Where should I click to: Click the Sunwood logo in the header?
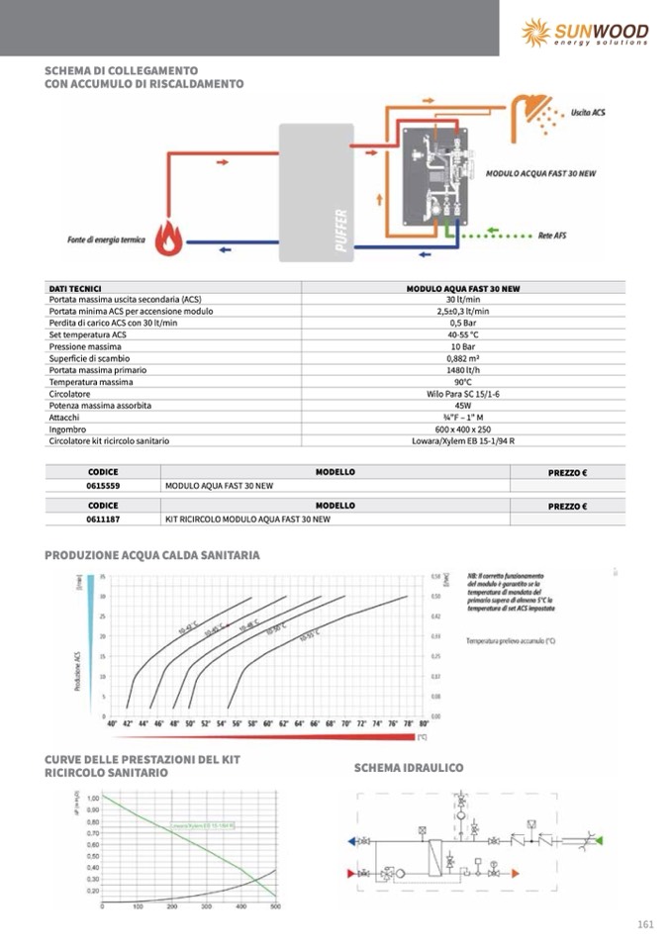(x=584, y=32)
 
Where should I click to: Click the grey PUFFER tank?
(x=316, y=192)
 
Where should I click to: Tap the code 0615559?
(x=103, y=487)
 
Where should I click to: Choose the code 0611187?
(x=103, y=519)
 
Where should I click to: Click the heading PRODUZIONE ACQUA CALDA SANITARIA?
(x=152, y=555)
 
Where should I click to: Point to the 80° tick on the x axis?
(x=424, y=724)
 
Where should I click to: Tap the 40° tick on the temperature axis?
(x=112, y=724)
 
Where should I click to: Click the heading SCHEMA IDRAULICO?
(x=409, y=768)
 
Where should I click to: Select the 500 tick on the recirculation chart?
(x=275, y=905)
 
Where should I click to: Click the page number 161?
(x=645, y=924)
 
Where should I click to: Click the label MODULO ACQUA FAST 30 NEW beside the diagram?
(x=540, y=173)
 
